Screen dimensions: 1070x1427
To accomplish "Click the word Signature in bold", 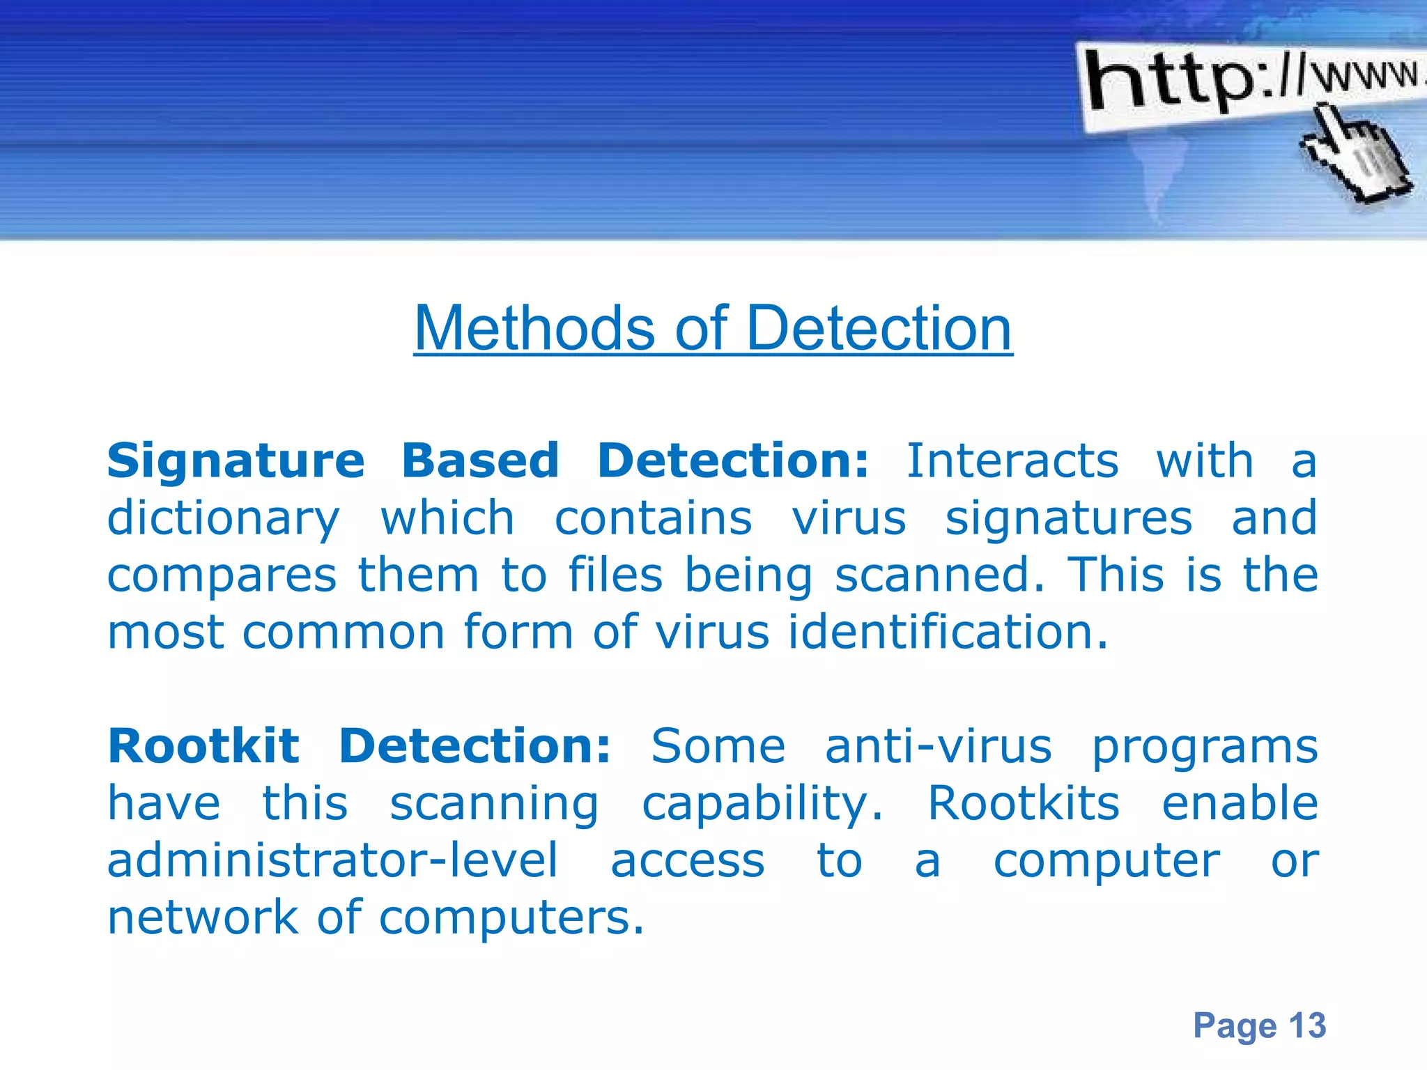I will [x=236, y=461].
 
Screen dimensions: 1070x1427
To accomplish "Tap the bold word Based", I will [x=481, y=461].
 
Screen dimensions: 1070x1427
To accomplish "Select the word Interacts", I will [x=1012, y=461].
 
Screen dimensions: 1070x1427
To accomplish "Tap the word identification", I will [x=948, y=633].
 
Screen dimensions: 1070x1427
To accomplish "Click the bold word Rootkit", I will [x=203, y=747].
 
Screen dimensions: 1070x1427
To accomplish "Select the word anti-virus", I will [x=938, y=747].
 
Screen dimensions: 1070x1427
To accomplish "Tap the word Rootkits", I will [x=1024, y=804].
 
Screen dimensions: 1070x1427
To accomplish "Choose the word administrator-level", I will [x=332, y=861].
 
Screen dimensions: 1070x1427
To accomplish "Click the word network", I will [x=202, y=918].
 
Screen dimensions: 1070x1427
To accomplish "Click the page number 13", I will [x=1306, y=1025].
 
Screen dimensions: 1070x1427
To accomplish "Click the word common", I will [x=344, y=633].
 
